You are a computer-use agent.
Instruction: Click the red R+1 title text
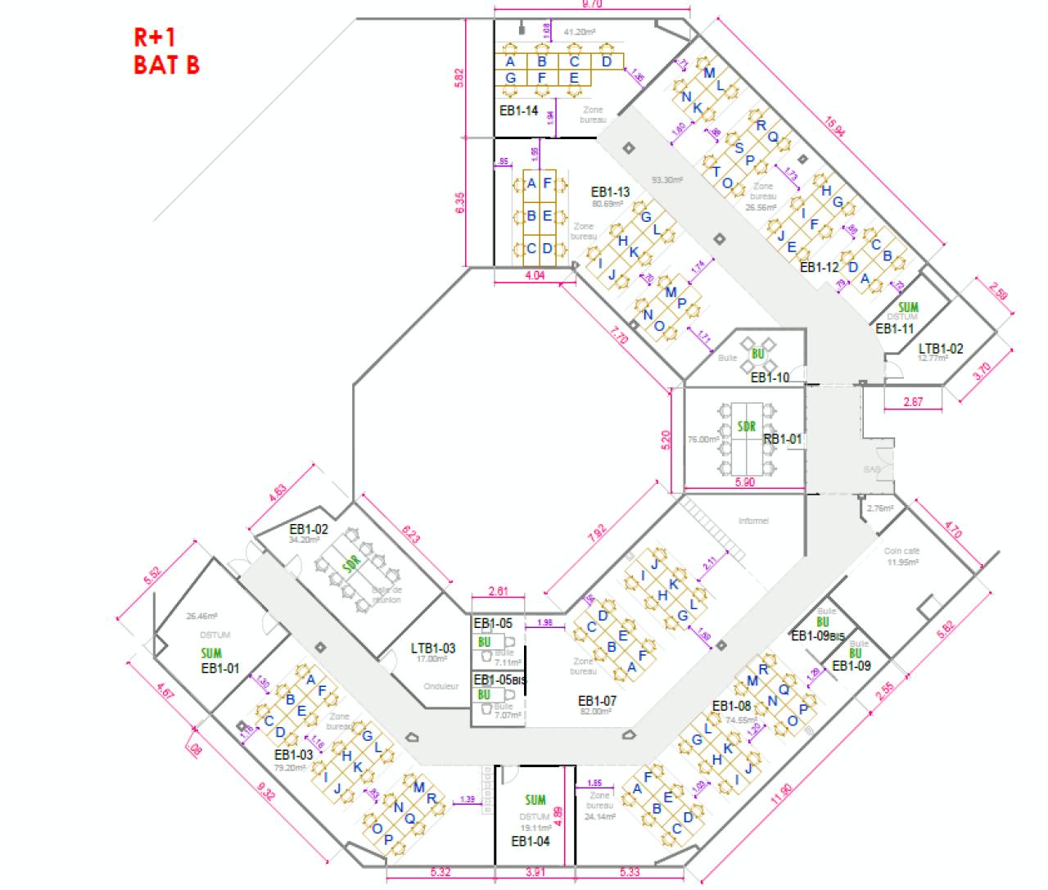pos(156,38)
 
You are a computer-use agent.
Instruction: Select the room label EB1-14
pos(518,110)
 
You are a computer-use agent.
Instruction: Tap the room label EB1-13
pos(610,192)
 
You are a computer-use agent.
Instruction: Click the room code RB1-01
pos(783,439)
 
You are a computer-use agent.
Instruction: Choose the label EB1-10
pos(770,377)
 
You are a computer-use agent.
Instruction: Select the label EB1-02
pos(309,529)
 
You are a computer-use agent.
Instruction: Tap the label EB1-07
pos(597,701)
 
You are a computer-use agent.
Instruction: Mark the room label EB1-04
pos(531,841)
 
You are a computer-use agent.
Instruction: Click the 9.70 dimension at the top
pos(591,4)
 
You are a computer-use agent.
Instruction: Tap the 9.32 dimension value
pos(265,793)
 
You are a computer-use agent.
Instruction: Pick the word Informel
pos(753,521)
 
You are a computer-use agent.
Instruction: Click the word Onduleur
pos(440,686)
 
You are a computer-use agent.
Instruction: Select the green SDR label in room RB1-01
pos(746,427)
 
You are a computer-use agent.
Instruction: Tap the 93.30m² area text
pos(667,179)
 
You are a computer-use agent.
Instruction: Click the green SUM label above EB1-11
pos(909,308)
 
